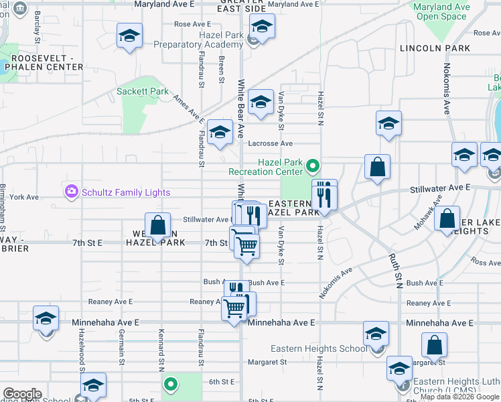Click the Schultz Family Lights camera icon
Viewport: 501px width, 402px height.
point(72,192)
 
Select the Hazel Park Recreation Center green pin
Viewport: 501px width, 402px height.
point(311,165)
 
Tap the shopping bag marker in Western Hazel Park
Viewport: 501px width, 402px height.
point(157,225)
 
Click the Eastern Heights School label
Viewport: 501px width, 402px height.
point(319,348)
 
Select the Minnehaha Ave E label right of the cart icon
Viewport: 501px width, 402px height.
point(281,322)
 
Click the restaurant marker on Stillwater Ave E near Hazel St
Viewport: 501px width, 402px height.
point(324,195)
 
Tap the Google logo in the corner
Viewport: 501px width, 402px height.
point(22,394)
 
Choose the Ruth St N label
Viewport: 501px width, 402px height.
point(396,269)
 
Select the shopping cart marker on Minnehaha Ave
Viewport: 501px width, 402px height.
point(234,309)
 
